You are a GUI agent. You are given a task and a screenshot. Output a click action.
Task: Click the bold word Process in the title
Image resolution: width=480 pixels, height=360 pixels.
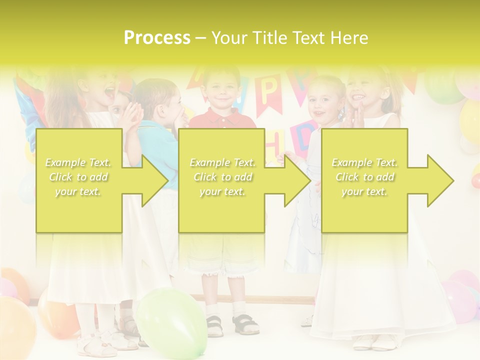(157, 38)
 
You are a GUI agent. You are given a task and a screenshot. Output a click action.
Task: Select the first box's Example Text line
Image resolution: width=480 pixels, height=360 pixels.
(78, 162)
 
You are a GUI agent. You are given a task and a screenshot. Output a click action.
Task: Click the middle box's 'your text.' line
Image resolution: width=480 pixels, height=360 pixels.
(222, 191)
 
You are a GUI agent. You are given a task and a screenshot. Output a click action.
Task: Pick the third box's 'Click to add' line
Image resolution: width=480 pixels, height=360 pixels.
(364, 177)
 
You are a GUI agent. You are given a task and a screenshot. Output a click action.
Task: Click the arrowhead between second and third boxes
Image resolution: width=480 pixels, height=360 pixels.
(297, 180)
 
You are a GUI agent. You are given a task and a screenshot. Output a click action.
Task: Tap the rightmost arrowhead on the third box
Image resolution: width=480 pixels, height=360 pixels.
(440, 180)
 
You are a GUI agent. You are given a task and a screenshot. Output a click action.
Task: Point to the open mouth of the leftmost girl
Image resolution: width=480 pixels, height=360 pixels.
(108, 92)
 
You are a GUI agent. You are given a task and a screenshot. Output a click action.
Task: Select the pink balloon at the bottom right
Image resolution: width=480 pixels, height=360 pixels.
(459, 300)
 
